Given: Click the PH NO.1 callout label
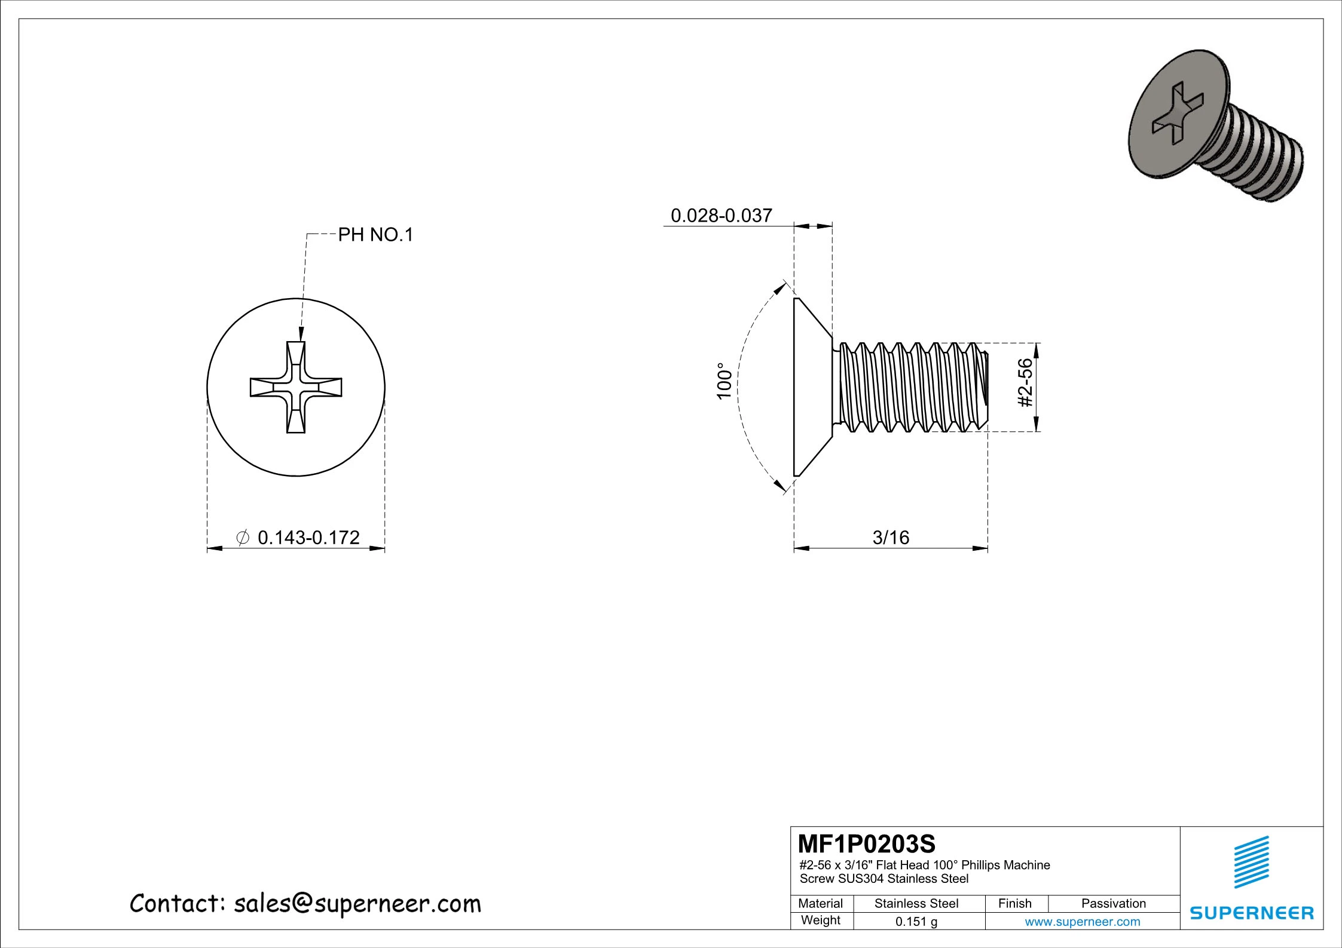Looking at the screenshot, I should (375, 235).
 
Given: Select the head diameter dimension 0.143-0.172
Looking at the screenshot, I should (308, 538).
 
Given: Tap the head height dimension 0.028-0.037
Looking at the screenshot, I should (722, 216).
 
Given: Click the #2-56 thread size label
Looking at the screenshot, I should (1026, 382).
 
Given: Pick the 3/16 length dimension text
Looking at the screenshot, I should (891, 538).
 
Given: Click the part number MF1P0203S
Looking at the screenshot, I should (866, 845).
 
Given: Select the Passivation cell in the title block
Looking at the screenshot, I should (1113, 903).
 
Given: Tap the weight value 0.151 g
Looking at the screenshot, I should (916, 922).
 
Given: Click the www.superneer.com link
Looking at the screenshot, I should (1082, 922).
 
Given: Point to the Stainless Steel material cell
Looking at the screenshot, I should (916, 903).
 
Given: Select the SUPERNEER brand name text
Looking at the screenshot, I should (1252, 913).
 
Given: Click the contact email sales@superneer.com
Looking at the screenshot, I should (357, 904).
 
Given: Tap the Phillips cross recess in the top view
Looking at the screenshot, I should (296, 387).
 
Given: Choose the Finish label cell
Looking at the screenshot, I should (1014, 903).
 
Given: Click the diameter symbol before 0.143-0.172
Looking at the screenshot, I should (243, 538).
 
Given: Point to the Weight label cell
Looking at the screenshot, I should (820, 920).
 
